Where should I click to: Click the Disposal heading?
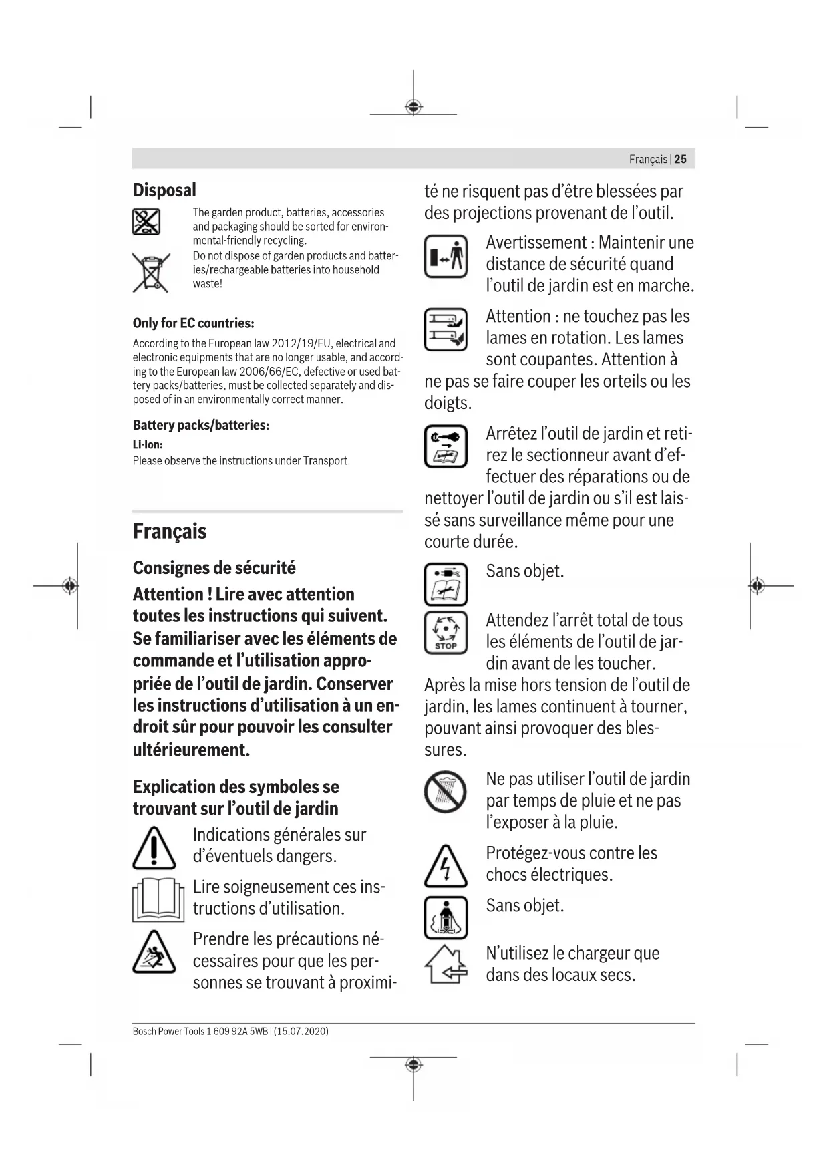pyautogui.click(x=164, y=190)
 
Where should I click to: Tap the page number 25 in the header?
pyautogui.click(x=680, y=159)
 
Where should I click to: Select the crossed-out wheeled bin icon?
pyautogui.click(x=150, y=273)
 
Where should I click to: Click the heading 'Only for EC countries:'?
pyautogui.click(x=193, y=323)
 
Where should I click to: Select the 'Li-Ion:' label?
pyautogui.click(x=148, y=444)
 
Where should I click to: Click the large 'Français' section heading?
pyautogui.click(x=170, y=531)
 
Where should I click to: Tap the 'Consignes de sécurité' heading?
pyautogui.click(x=214, y=568)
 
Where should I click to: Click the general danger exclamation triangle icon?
pyautogui.click(x=154, y=847)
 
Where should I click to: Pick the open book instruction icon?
pyautogui.click(x=158, y=900)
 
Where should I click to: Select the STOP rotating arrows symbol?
pyautogui.click(x=446, y=632)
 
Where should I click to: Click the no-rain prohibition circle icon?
pyautogui.click(x=446, y=792)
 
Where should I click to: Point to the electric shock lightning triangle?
pyautogui.click(x=446, y=866)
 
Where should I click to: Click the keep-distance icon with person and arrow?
pyautogui.click(x=446, y=257)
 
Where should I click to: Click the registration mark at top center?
pyautogui.click(x=413, y=107)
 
